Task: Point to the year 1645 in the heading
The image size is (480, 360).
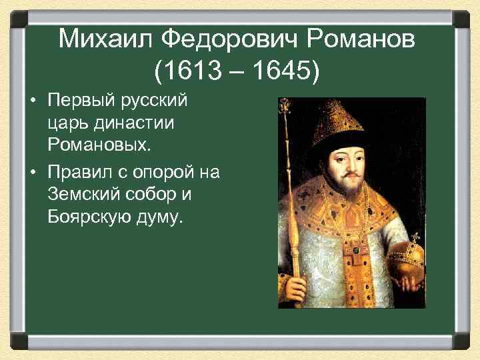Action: tap(279, 70)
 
